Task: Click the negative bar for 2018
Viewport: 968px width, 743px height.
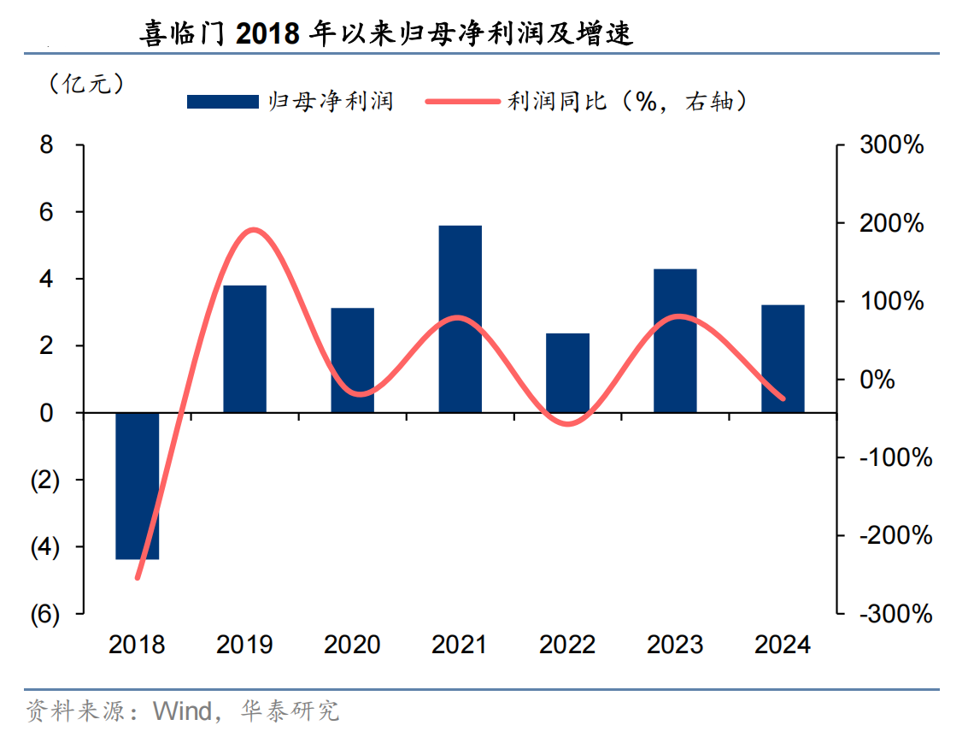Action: click(x=138, y=486)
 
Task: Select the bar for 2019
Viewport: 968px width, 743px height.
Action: click(x=245, y=349)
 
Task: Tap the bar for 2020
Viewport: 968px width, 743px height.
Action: click(x=353, y=360)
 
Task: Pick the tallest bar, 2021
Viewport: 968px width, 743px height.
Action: click(x=461, y=319)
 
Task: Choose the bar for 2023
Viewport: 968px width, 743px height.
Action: click(x=676, y=340)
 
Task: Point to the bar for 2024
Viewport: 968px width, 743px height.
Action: click(x=783, y=358)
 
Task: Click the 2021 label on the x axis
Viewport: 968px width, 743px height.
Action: click(x=460, y=644)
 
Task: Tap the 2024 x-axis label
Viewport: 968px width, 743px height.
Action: click(x=783, y=644)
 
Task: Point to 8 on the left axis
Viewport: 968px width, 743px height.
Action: click(x=47, y=145)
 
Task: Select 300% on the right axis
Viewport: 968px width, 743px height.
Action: click(x=892, y=145)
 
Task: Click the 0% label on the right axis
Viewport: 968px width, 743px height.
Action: click(x=877, y=380)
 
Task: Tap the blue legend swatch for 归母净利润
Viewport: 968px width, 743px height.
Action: click(x=223, y=102)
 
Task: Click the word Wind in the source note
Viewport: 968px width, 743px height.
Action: click(x=182, y=711)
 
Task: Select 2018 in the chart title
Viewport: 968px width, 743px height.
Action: click(x=267, y=34)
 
